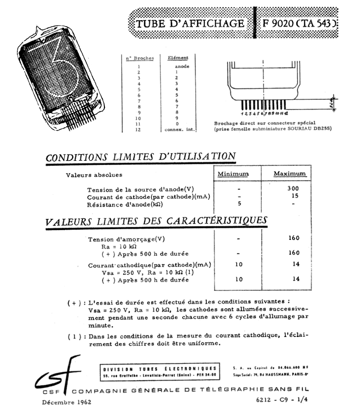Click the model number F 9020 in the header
point(281,24)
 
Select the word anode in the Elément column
point(182,67)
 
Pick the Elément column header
point(178,58)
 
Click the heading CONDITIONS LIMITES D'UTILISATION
point(141,157)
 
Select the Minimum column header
point(232,174)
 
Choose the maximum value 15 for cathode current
point(294,196)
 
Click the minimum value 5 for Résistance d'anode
point(232,203)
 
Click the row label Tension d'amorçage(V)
point(126,239)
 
